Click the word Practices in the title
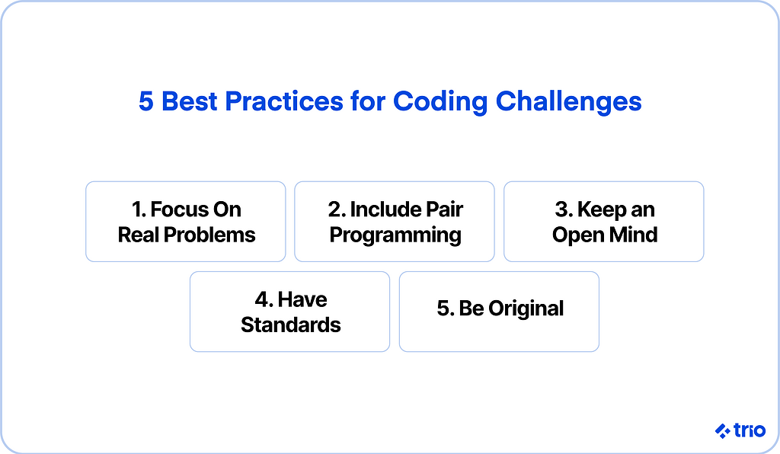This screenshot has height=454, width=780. click(284, 101)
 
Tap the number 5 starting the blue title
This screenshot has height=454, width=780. click(145, 101)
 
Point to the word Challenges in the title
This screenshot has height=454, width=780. click(568, 102)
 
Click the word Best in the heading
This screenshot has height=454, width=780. click(189, 101)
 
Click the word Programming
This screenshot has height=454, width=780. click(395, 235)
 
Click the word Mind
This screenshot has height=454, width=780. click(633, 235)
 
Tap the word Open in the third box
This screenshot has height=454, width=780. click(578, 235)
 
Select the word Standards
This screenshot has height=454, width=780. click(291, 325)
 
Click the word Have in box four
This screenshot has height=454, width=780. click(302, 299)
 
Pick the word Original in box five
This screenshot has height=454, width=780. click(526, 309)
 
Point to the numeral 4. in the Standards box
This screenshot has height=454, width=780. click(264, 299)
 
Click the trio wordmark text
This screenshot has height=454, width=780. click(750, 430)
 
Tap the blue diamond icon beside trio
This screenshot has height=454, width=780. click(723, 430)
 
